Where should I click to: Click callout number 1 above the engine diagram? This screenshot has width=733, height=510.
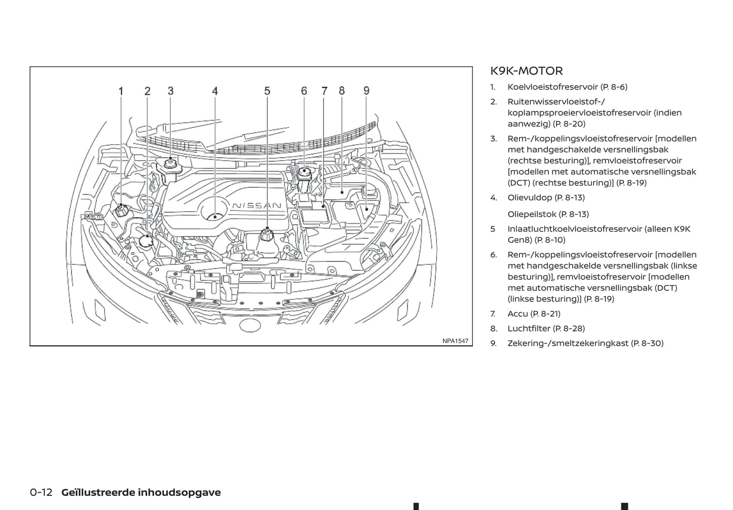pos(121,91)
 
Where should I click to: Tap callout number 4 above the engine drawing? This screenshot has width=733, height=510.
pos(215,91)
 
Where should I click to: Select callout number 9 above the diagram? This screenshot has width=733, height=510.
pos(366,91)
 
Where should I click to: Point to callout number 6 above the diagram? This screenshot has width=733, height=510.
pos(304,91)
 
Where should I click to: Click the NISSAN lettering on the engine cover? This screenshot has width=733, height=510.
pos(257,206)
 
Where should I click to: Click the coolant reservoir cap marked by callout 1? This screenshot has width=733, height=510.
pos(121,210)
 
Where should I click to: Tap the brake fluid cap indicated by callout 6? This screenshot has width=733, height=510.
pos(304,173)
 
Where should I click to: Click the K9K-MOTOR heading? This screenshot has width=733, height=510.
pos(527,71)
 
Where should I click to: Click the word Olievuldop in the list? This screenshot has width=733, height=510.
pos(530,197)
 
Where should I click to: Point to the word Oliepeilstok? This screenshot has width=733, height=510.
pos(532,214)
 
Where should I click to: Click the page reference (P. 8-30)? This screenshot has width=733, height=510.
pos(647,343)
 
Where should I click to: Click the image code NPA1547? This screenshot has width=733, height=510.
pos(455,341)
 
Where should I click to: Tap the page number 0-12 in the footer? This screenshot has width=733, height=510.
pos(41,492)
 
